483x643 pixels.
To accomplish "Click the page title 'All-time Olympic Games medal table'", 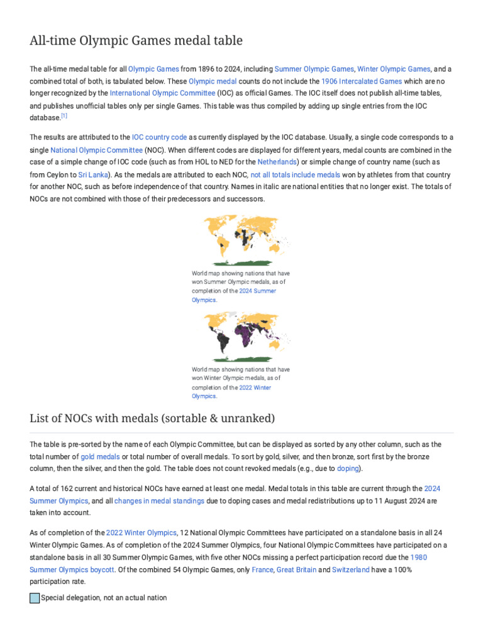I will coord(136,41).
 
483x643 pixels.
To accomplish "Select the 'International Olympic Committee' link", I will coord(162,93).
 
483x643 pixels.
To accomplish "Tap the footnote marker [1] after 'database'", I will coord(64,116).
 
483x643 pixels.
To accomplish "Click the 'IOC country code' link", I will coord(159,137).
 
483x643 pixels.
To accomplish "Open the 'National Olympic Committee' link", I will coord(96,151).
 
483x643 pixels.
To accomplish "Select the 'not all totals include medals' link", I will coord(295,175).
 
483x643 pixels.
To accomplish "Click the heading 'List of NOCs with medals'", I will coord(152,418).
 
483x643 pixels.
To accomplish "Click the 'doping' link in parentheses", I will coord(347,468).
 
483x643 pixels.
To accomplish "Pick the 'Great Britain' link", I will coord(297,570).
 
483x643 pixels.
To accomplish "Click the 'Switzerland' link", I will coord(351,570).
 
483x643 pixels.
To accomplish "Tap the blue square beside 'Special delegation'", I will coord(35,598).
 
